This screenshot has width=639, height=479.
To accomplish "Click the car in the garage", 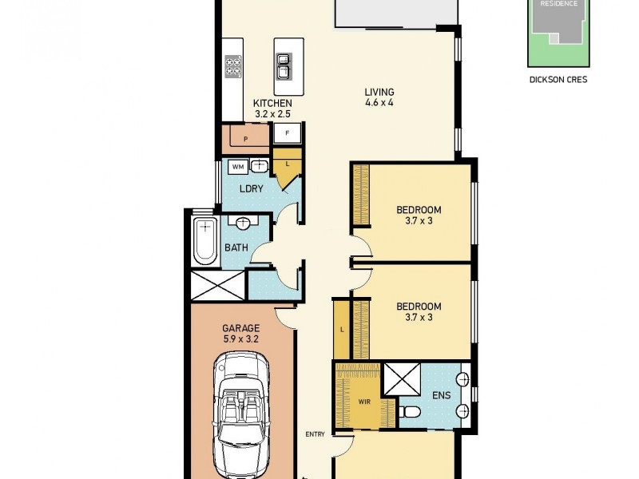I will (x=242, y=415).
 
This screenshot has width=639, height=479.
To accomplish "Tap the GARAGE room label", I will (x=240, y=328).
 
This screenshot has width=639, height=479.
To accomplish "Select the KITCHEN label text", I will (x=272, y=104).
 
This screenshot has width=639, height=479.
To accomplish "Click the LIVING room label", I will (x=379, y=92).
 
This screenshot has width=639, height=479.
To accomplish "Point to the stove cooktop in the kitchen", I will (x=233, y=65).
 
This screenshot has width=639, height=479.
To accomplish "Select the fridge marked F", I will (x=287, y=133).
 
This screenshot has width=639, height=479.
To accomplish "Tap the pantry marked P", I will (x=246, y=139).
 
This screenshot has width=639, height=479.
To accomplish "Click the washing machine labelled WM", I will (x=237, y=167).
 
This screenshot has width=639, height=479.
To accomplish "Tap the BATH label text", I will (x=236, y=247).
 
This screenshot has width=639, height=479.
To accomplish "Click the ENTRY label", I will (x=315, y=434).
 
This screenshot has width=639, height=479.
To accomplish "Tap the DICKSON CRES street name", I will (x=558, y=80).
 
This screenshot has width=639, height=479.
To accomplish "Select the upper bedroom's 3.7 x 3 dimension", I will (x=419, y=221).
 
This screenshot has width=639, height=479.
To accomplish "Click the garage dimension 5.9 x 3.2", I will (x=240, y=338).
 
